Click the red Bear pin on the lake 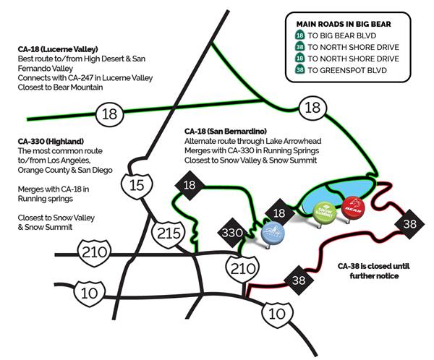point(352,206)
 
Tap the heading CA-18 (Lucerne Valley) point(54,49)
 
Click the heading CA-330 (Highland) point(45,140)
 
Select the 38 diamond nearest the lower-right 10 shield point(297,280)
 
